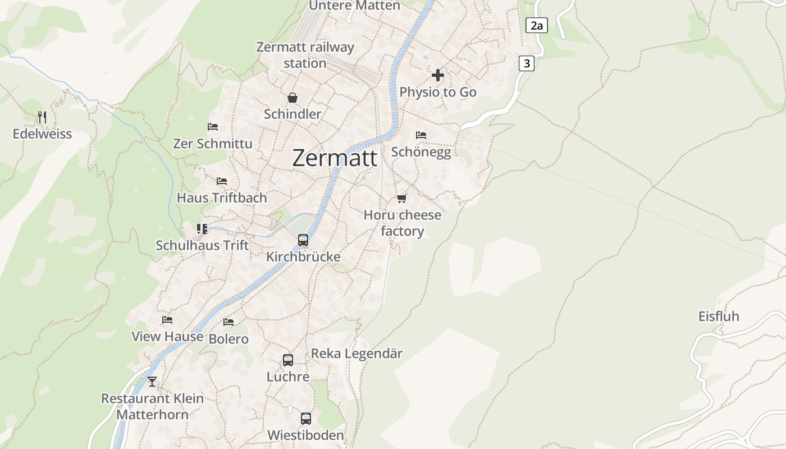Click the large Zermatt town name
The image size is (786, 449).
coord(335,158)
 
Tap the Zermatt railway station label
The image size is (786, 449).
coord(305,55)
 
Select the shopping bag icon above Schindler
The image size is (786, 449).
coord(293,98)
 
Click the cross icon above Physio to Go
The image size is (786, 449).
coord(438,75)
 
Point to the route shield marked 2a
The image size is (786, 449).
coord(537,25)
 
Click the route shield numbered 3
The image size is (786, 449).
coord(526,63)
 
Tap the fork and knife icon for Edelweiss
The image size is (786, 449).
coord(42,117)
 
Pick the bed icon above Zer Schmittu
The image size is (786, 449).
coord(213,127)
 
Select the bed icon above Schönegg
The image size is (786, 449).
coord(421,135)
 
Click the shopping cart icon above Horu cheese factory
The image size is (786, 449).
coord(401,198)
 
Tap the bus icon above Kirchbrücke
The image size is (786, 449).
coord(303,240)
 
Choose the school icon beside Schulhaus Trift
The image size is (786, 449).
coord(202,229)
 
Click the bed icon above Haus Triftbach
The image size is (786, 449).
coord(222,181)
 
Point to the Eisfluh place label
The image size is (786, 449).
coord(719,317)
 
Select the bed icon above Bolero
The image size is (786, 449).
coord(229,322)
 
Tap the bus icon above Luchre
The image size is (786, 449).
coord(288,360)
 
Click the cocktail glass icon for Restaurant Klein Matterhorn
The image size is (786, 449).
coord(152,382)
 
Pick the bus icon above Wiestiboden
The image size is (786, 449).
coord(305,419)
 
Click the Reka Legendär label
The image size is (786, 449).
coord(357,354)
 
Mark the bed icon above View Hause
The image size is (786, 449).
coord(167,320)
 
